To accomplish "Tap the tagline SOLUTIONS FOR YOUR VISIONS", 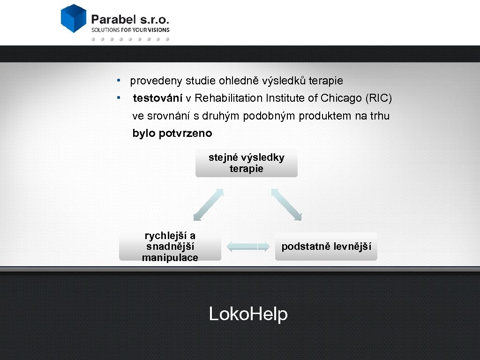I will click(x=130, y=30).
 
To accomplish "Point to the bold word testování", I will click(x=157, y=98).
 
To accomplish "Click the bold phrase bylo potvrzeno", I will click(x=172, y=134).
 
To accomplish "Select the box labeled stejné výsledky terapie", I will click(x=247, y=164).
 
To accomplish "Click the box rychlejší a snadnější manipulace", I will click(x=170, y=247).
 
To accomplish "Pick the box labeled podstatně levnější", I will click(x=326, y=247).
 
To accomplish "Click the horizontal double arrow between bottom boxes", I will click(x=248, y=247).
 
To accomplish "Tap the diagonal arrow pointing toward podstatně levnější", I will click(x=286, y=204).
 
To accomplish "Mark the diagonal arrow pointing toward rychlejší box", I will click(x=209, y=204).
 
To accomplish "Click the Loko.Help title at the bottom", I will click(x=248, y=314).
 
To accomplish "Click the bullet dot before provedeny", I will click(x=120, y=80).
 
